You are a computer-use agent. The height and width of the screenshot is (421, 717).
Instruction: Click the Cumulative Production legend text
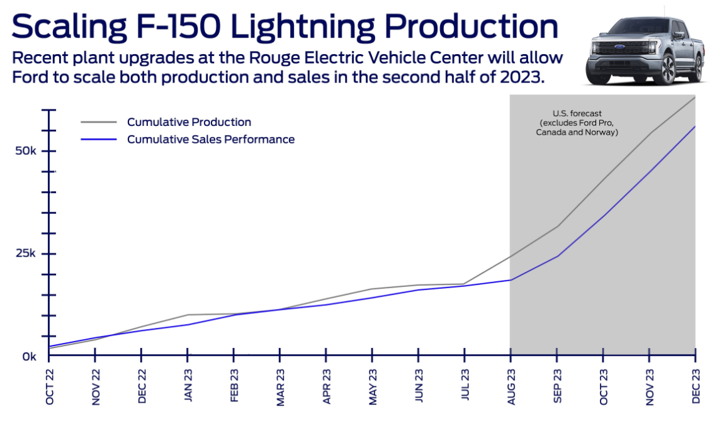click(x=189, y=122)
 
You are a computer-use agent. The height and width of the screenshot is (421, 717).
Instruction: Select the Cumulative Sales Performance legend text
click(x=210, y=140)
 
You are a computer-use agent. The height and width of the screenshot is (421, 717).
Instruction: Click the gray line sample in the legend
click(x=98, y=122)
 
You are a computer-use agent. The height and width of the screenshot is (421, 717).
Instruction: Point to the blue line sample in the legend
click(x=98, y=140)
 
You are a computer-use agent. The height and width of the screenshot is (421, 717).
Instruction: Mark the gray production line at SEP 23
click(x=557, y=226)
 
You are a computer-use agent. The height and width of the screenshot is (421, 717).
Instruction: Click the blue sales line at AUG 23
click(x=511, y=280)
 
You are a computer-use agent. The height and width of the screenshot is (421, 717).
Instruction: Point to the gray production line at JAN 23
click(x=188, y=315)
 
